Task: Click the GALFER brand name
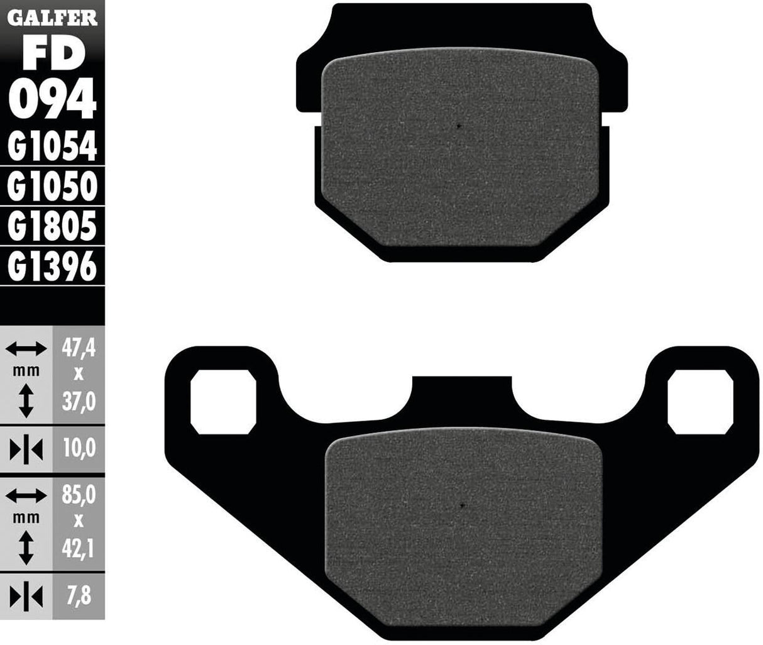coord(52,18)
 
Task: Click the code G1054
coord(53,148)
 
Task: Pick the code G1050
coord(53,187)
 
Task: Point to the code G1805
coord(53,226)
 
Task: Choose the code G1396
coord(53,267)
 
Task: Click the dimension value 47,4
coord(79,348)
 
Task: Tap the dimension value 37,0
coord(79,400)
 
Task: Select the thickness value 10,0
coord(79,448)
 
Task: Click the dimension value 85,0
coord(79,496)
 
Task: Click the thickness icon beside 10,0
coord(26,449)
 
